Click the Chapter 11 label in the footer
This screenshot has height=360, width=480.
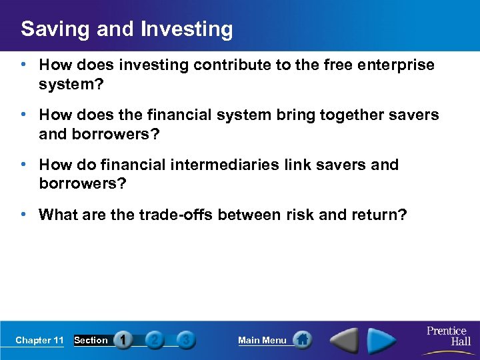(x=39, y=341)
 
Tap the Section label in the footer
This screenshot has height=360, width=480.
(x=91, y=341)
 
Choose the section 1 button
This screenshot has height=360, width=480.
(x=123, y=340)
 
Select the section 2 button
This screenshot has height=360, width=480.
(x=155, y=340)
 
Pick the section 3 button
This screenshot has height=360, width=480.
(x=187, y=340)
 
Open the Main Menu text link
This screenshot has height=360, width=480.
(x=262, y=341)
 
